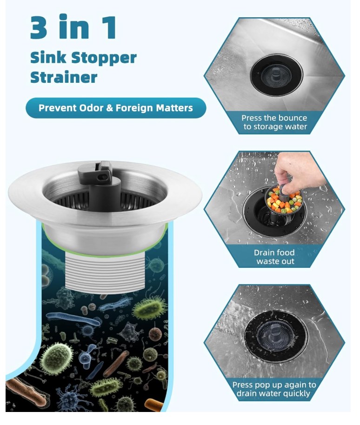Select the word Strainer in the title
64,77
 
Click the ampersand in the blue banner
109,108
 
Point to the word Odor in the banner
91,108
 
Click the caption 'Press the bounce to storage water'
274,122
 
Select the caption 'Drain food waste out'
274,257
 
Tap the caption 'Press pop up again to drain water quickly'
274,389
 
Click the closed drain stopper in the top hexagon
276,74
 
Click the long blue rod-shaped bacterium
73,319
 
